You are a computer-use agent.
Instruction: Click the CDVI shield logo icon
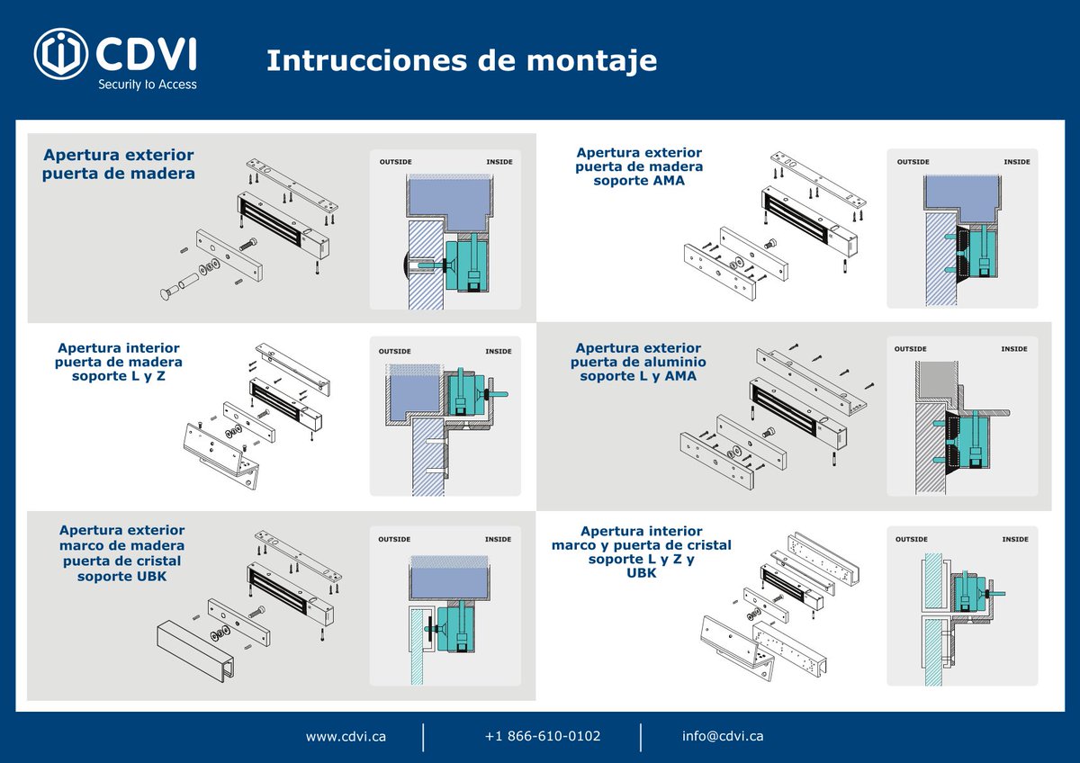click(x=61, y=53)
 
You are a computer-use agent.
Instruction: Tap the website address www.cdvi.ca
click(x=346, y=737)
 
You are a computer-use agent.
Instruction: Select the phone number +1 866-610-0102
click(x=543, y=736)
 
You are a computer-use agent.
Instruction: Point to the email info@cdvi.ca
click(x=723, y=736)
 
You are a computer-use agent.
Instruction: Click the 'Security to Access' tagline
click(x=148, y=85)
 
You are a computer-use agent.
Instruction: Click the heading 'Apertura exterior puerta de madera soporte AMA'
click(x=639, y=166)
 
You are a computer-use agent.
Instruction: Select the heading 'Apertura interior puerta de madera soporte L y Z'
click(x=119, y=362)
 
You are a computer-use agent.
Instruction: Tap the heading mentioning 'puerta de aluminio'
click(x=638, y=362)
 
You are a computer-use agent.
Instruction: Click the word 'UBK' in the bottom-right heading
click(x=641, y=573)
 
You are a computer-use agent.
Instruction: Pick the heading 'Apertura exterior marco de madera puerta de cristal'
click(x=122, y=552)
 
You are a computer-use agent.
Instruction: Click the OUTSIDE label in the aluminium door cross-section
click(x=910, y=349)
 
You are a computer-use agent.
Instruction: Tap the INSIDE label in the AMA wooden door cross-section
click(x=1017, y=162)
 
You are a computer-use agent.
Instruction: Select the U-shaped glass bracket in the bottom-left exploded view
click(x=195, y=650)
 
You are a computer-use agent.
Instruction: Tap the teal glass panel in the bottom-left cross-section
click(x=417, y=647)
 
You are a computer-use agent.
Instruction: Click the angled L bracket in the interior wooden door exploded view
click(x=220, y=454)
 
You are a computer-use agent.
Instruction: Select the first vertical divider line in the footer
click(x=423, y=737)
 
